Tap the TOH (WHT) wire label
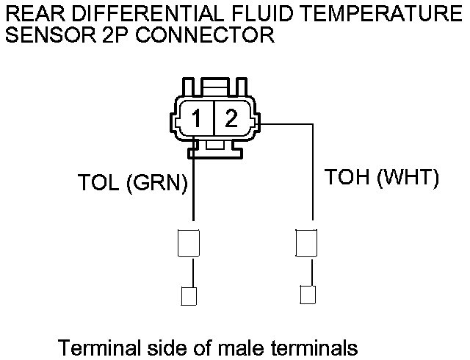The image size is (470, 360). [382, 179]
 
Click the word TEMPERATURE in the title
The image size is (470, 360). [376, 13]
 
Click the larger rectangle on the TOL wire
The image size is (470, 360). [187, 242]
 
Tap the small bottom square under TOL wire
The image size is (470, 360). [187, 297]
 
